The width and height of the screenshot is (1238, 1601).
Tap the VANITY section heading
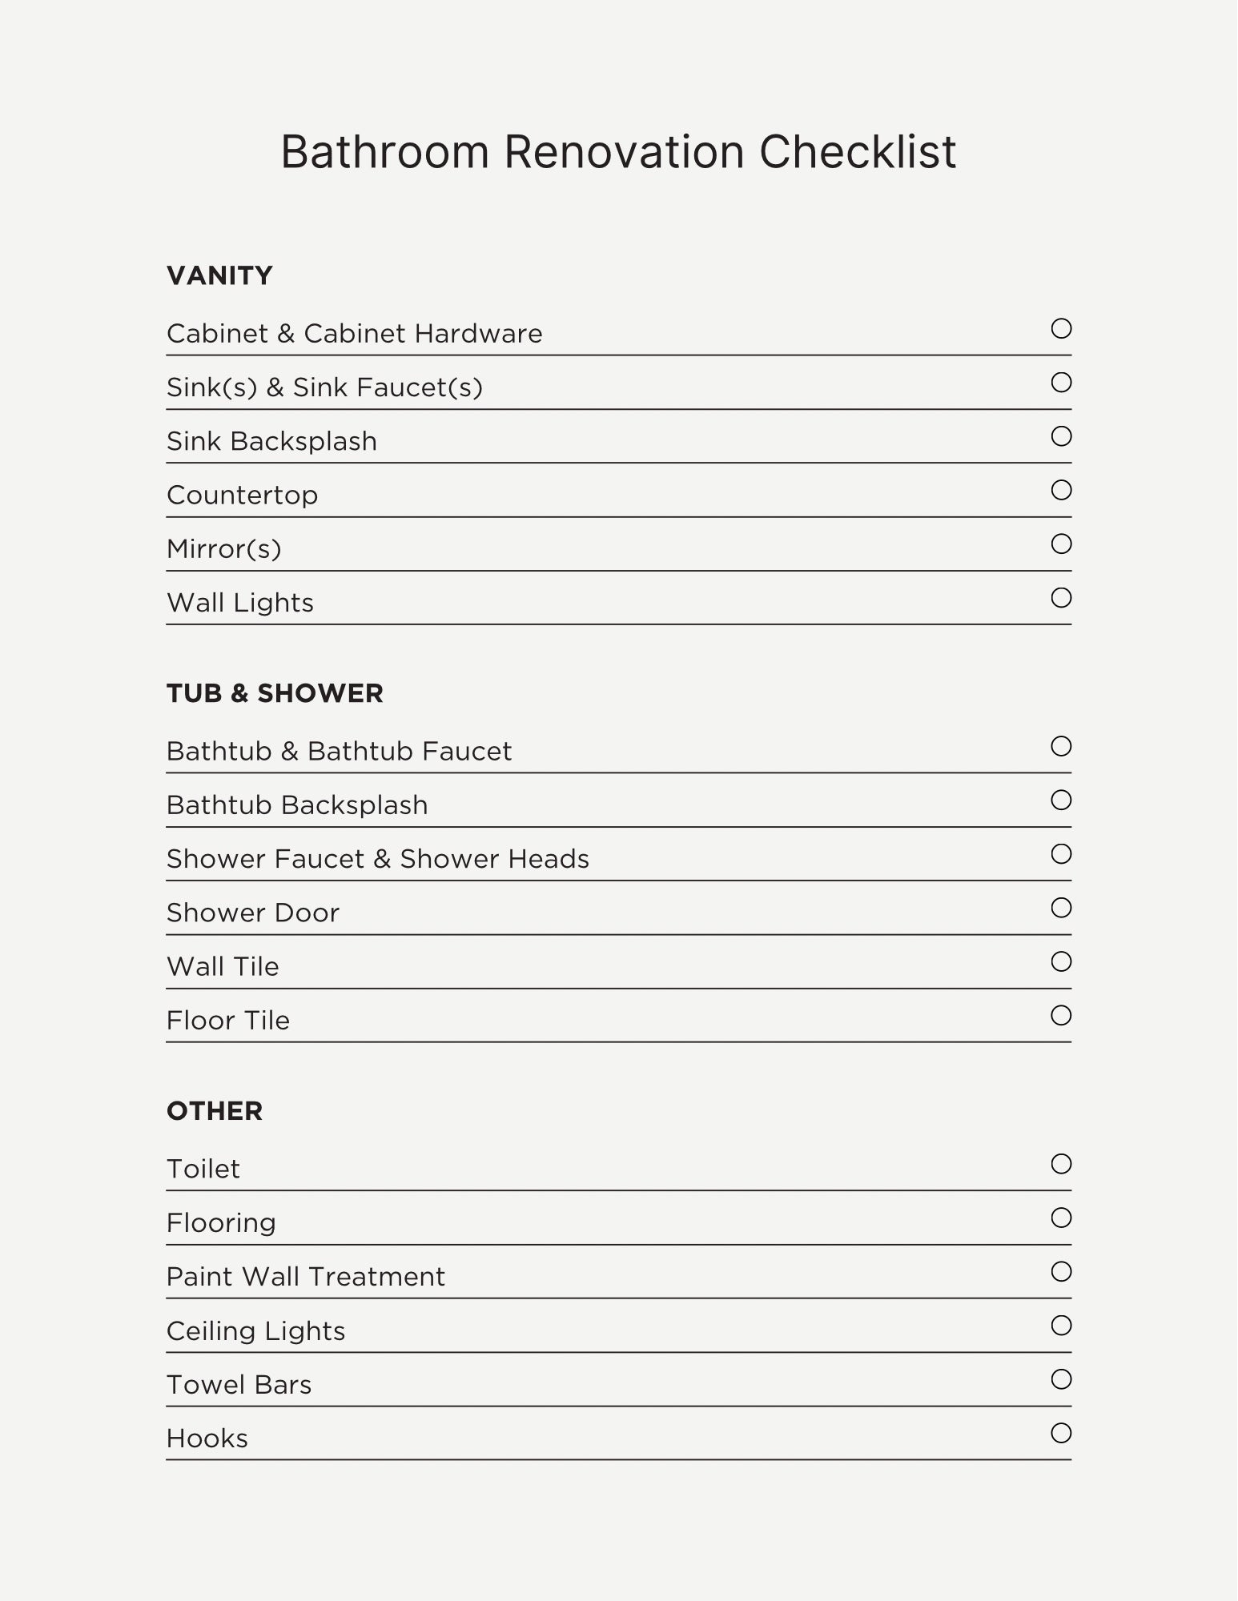[x=219, y=275]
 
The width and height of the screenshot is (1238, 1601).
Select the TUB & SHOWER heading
[x=275, y=693]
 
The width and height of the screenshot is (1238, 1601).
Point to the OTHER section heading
[x=215, y=1111]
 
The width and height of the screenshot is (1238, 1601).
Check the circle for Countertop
[x=1061, y=490]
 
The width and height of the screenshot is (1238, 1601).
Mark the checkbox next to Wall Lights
[x=1061, y=598]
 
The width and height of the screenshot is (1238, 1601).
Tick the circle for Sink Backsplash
[x=1061, y=436]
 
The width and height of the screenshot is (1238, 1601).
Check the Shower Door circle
[x=1061, y=908]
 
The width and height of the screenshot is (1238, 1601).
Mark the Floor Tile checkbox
[x=1061, y=1016]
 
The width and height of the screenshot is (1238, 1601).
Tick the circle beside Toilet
[x=1061, y=1164]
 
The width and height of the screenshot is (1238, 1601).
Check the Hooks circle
[x=1061, y=1433]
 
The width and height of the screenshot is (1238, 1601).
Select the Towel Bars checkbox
[x=1061, y=1379]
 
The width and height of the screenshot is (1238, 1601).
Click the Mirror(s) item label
[x=224, y=549]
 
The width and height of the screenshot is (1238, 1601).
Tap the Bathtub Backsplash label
[x=297, y=805]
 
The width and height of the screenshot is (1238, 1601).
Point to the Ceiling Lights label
[x=255, y=1331]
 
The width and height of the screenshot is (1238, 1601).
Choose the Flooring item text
[x=221, y=1223]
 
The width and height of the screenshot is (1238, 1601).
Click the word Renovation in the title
[x=624, y=151]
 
